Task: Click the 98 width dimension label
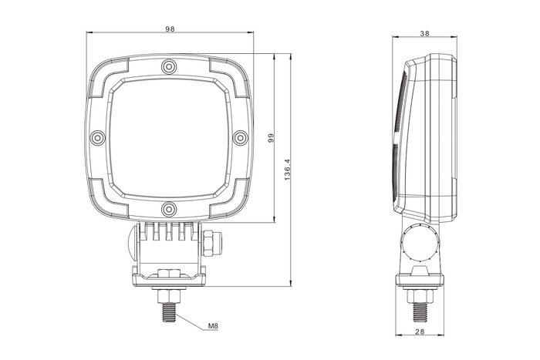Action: (x=170, y=29)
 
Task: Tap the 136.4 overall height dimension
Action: (x=288, y=170)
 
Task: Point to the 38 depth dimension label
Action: (x=424, y=33)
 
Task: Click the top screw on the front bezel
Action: (x=169, y=66)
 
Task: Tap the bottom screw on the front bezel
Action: (x=169, y=208)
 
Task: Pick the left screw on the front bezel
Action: (x=97, y=137)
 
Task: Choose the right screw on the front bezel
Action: (x=240, y=137)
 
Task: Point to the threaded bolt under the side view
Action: (x=420, y=308)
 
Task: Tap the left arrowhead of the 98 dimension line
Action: (x=88, y=33)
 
